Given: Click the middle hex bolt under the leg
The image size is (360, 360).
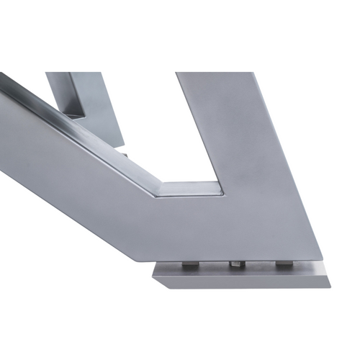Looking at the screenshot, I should point(235,266).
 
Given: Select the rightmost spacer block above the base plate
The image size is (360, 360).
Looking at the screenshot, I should point(284,264).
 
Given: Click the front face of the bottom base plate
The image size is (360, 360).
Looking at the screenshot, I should point(238,280).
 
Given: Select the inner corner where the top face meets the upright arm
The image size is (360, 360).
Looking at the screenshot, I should point(225,189).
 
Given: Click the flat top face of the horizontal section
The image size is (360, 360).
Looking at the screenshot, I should point(191,191).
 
